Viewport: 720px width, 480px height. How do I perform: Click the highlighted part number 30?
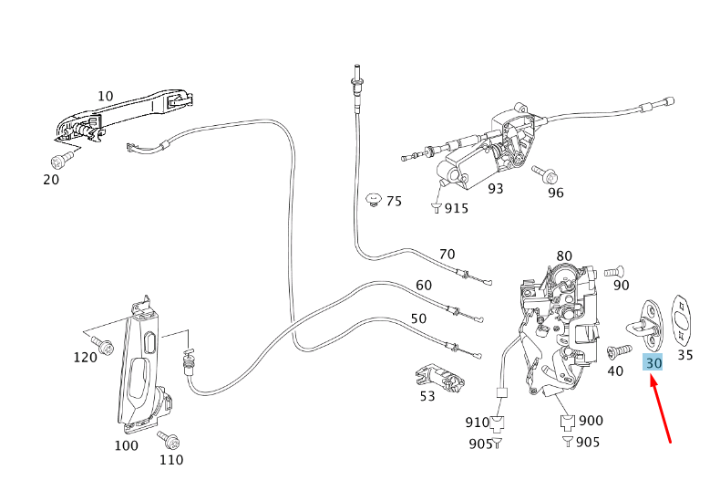coord(653,362)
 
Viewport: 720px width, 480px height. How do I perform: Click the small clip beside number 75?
coord(372,200)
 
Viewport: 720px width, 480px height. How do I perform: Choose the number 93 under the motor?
coord(495,189)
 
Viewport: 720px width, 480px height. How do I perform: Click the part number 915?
coord(456,208)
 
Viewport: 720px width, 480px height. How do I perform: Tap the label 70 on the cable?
coord(447,255)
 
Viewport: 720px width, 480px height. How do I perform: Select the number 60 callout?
coord(424,285)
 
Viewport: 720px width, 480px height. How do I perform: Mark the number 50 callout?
coord(418,318)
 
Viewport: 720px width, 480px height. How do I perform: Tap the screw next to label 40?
coord(617,350)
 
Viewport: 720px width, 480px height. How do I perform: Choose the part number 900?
coord(591,421)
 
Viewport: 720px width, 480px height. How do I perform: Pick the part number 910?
coord(478,422)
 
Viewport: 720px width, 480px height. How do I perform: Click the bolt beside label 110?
coord(170,440)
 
